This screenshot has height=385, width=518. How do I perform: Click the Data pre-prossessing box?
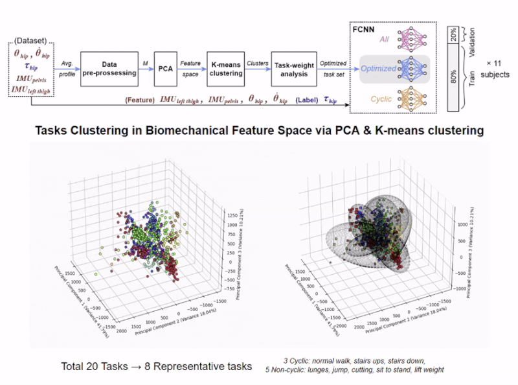tap(111, 69)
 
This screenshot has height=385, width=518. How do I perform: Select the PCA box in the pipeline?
tap(165, 69)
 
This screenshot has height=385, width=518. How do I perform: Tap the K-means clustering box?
tap(225, 69)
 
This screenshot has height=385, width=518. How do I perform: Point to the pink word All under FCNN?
tap(385, 40)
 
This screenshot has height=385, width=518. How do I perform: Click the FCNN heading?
tap(365, 29)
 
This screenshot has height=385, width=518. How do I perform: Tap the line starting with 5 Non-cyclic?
tap(355, 370)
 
